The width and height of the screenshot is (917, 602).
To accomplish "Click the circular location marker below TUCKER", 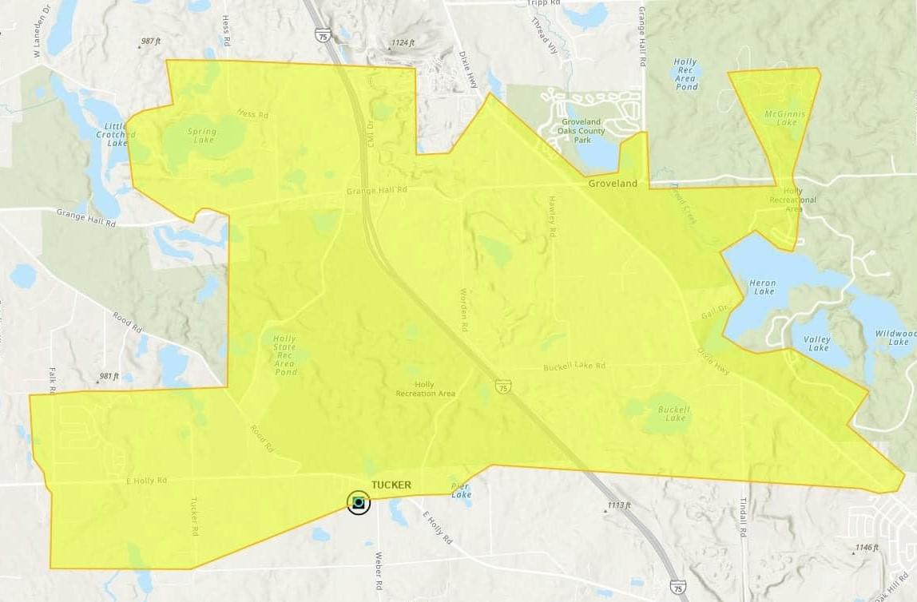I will pos(359,502).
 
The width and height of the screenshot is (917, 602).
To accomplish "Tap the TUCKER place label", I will pos(391,485).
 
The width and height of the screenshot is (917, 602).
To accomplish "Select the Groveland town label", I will pos(613,184).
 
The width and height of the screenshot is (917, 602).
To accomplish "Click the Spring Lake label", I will pos(201,135).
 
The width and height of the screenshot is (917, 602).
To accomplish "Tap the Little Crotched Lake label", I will pos(111,134).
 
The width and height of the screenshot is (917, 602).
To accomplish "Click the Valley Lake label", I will pos(819,343).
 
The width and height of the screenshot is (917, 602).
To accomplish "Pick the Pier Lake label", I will pos(461,490).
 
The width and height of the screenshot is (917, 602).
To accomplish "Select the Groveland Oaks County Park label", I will pos(582,131).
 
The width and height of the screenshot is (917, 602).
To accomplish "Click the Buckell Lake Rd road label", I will pos(574,366).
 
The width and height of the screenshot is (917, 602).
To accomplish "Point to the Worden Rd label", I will pos(463,310).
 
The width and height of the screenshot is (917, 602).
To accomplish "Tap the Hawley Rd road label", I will pos(551,216).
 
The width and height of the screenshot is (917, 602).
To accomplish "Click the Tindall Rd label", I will pos(742,516).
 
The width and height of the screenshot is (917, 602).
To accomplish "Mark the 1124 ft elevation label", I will pos(403,42).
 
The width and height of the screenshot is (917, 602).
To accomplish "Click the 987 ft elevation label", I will pos(152,41).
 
